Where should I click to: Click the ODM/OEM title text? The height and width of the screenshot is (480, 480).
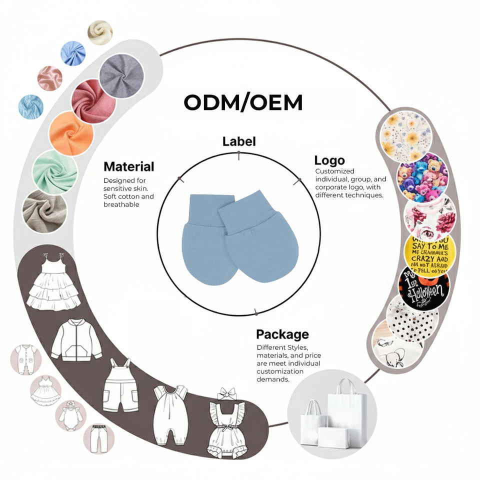tap(243, 102)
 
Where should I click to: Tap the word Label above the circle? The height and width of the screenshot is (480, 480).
tap(239, 141)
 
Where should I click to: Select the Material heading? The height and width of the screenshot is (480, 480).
tap(128, 166)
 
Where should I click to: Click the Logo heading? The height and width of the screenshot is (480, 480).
tap(329, 160)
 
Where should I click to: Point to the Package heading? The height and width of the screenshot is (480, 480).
tap(282, 334)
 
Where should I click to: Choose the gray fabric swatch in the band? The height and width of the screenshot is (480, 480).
tap(121, 75)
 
